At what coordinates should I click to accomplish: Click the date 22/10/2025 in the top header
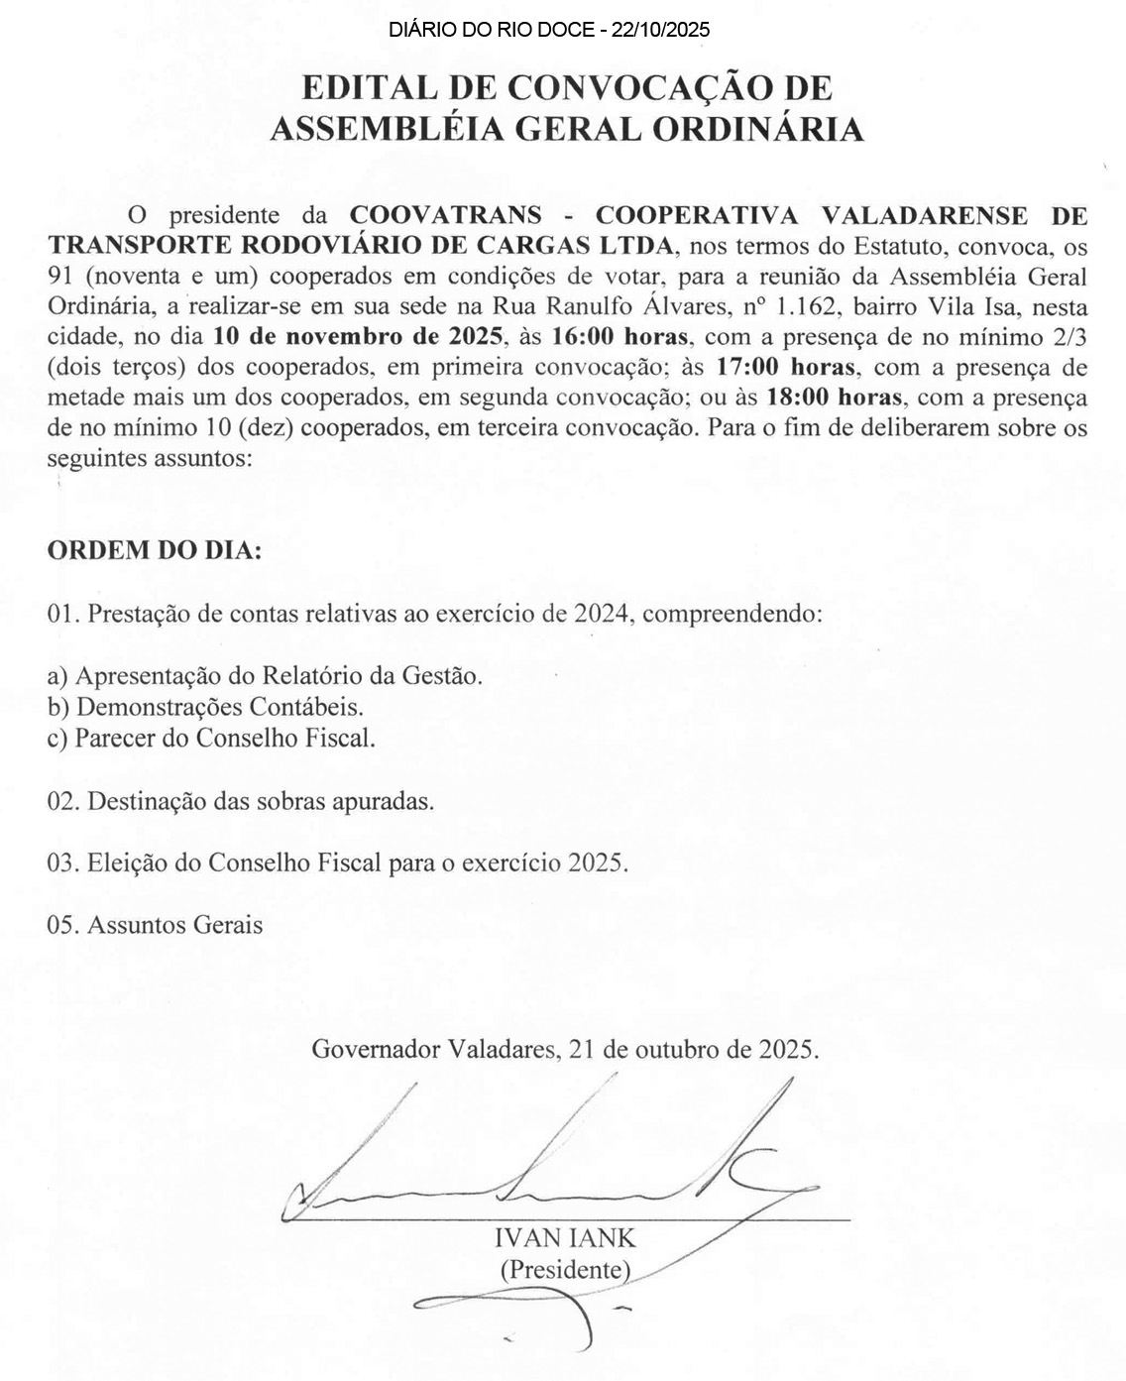(661, 30)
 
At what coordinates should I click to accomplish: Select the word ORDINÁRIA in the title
(761, 129)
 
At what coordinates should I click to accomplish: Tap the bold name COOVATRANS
(447, 215)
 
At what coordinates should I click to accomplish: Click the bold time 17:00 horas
(785, 368)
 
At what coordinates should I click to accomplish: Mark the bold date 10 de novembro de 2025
(358, 337)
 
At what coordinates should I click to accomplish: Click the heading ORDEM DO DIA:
(155, 551)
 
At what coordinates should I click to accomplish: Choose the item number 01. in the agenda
(63, 614)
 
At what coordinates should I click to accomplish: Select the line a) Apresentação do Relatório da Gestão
(266, 676)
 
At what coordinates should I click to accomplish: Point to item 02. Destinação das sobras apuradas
(241, 801)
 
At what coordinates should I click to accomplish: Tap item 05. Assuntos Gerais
(156, 925)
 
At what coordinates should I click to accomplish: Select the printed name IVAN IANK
(565, 1237)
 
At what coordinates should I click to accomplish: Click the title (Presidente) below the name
(565, 1268)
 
